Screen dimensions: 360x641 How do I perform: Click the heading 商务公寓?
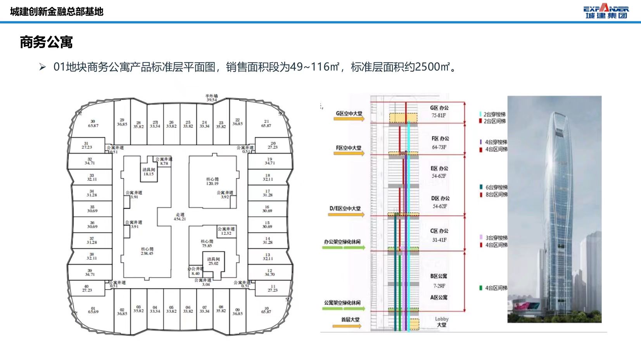(46, 42)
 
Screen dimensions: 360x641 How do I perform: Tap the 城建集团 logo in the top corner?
(606, 11)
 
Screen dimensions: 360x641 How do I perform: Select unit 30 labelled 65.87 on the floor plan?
(93, 123)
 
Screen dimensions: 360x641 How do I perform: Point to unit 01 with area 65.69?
(93, 310)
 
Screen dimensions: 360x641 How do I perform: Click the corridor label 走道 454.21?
(180, 217)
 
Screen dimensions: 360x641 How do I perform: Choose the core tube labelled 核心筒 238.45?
(147, 251)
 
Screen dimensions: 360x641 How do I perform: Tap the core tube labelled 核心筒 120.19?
(212, 181)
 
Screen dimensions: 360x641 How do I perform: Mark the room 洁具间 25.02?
(213, 261)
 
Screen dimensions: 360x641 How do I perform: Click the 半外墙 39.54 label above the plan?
(211, 98)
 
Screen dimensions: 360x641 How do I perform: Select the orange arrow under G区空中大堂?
(349, 119)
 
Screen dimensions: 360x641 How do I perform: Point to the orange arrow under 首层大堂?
(347, 326)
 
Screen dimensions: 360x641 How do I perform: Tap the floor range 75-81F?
(439, 115)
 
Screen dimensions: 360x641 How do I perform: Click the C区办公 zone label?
(439, 231)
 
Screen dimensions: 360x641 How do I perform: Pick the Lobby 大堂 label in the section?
(442, 322)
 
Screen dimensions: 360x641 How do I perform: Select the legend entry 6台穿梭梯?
(496, 187)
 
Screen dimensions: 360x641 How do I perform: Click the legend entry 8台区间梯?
(496, 195)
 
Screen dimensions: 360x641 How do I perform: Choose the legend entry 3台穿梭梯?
(496, 238)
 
